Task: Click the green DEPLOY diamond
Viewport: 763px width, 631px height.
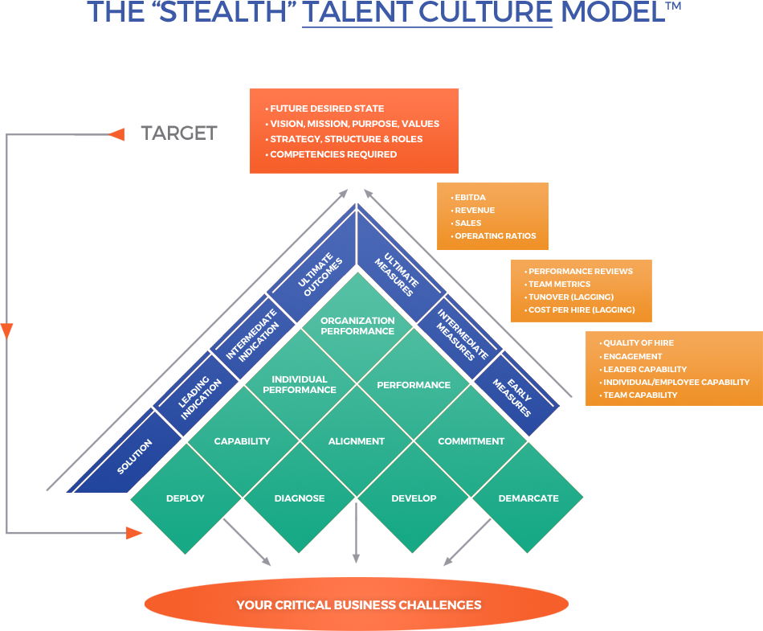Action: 186,498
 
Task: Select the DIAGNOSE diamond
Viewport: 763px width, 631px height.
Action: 300,498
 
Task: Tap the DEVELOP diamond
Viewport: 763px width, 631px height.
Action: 414,498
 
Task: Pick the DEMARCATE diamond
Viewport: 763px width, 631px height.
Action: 528,498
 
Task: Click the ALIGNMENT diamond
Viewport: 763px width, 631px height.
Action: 357,441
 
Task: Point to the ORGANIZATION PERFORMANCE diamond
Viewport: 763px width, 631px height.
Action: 357,326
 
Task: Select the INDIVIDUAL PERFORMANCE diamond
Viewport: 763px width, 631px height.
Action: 300,384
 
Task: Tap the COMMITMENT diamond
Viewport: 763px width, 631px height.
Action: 471,441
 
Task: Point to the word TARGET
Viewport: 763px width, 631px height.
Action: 178,133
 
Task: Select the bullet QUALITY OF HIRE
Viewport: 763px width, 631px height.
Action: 639,343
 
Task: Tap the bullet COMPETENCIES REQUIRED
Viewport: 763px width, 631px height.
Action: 333,154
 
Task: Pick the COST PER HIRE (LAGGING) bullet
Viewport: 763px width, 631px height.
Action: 581,309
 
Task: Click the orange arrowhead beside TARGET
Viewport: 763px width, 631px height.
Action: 117,134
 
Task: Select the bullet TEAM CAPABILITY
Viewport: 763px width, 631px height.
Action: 640,395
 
